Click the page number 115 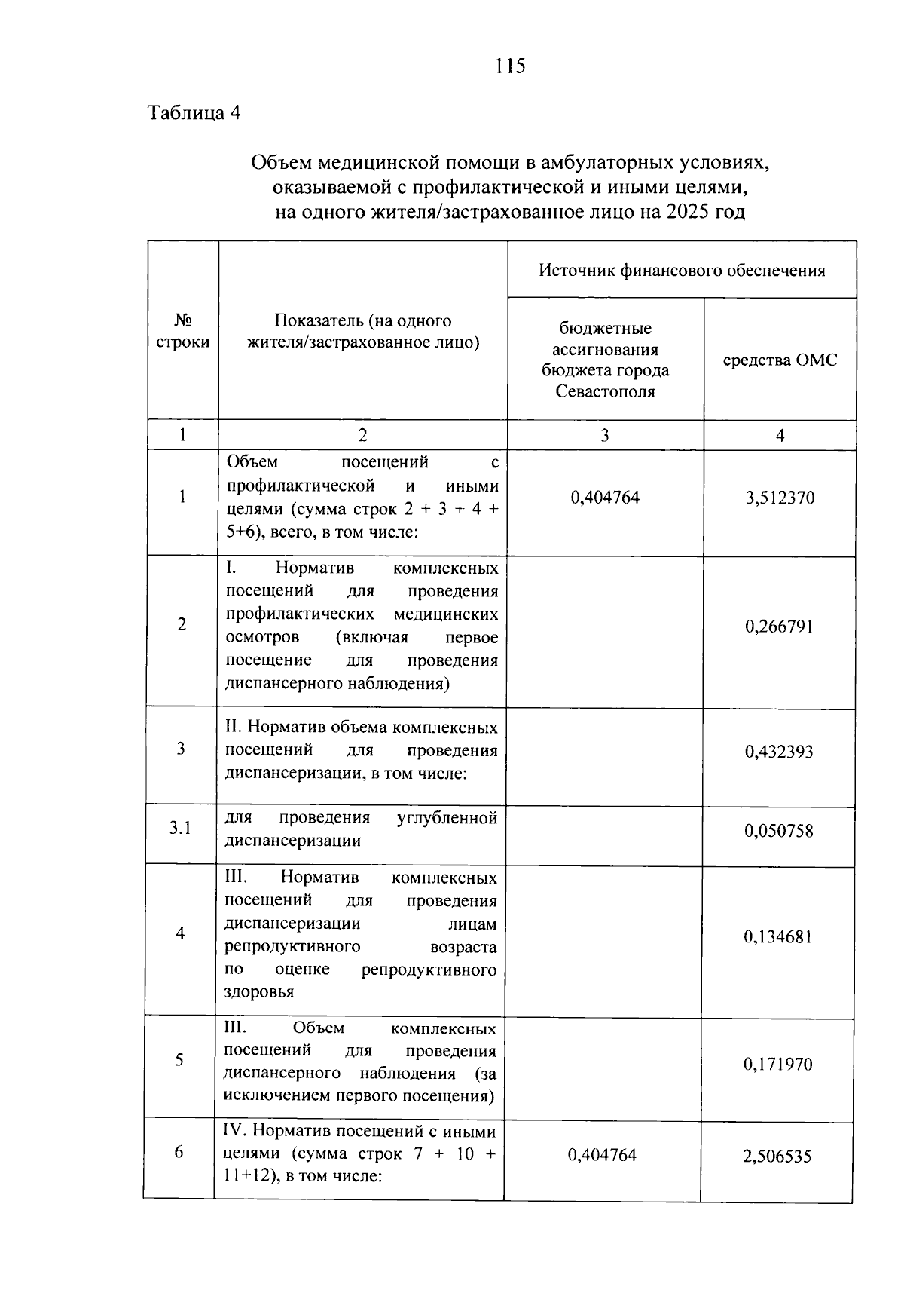pyautogui.click(x=510, y=66)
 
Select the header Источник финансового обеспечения pyautogui.click(x=681, y=271)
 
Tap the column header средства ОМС pyautogui.click(x=780, y=360)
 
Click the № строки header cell pyautogui.click(x=182, y=331)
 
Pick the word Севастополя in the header pyautogui.click(x=605, y=391)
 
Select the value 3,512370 pyautogui.click(x=780, y=498)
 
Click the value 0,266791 pyautogui.click(x=779, y=627)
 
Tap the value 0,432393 pyautogui.click(x=779, y=752)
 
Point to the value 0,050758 pyautogui.click(x=779, y=832)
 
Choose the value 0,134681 pyautogui.click(x=778, y=937)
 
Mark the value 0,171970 pyautogui.click(x=778, y=1065)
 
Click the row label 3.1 pyautogui.click(x=180, y=829)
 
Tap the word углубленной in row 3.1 pyautogui.click(x=447, y=818)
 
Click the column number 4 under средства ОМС pyautogui.click(x=780, y=436)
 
